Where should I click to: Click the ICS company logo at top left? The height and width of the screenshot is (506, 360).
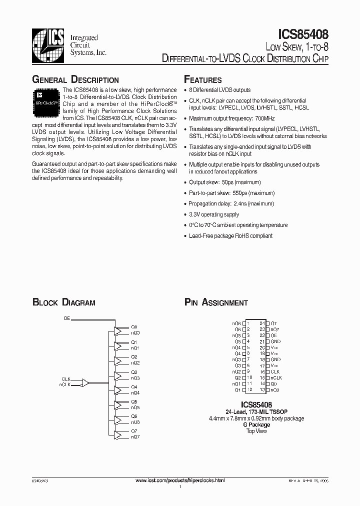(48, 44)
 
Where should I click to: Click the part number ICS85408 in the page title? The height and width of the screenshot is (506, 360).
(303, 34)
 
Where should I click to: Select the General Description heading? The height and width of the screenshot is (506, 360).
(75, 80)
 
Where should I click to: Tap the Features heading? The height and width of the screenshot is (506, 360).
(203, 80)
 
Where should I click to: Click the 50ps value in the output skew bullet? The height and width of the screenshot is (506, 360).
(229, 182)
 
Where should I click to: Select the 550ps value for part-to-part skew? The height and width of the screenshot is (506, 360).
(239, 193)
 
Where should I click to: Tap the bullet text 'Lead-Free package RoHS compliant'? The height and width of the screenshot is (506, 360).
(230, 235)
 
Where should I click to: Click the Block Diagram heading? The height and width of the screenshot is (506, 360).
(64, 302)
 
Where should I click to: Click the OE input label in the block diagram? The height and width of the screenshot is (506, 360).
(66, 318)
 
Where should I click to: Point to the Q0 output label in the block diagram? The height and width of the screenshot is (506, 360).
(134, 327)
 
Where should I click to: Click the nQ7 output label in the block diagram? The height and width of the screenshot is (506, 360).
(135, 437)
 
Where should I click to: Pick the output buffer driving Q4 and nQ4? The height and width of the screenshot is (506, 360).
(118, 390)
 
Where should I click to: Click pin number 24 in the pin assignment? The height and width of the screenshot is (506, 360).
(262, 323)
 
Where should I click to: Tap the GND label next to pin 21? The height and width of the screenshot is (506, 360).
(275, 341)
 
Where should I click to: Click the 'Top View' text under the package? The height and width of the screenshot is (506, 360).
(256, 431)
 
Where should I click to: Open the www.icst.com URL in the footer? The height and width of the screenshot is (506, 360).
(180, 480)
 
